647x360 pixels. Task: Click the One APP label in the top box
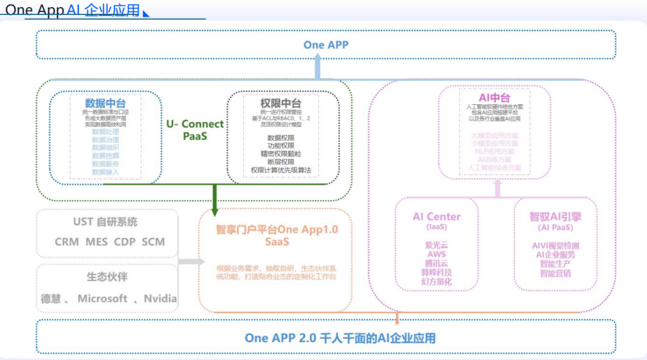click(326, 44)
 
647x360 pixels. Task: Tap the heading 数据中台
click(105, 102)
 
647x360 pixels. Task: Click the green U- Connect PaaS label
click(195, 130)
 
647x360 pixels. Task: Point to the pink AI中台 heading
click(494, 98)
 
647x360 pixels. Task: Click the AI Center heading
click(437, 217)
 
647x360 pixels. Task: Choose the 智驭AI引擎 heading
click(555, 217)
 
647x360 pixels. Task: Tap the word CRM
click(66, 242)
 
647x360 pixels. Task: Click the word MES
click(96, 242)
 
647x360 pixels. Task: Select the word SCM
click(153, 242)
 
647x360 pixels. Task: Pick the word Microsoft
click(102, 298)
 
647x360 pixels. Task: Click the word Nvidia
click(160, 298)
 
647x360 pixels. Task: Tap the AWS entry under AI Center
click(437, 255)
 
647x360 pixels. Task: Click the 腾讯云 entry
click(437, 264)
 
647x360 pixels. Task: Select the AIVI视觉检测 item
click(555, 246)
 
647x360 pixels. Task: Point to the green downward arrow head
click(214, 210)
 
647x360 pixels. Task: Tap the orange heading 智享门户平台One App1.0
click(277, 230)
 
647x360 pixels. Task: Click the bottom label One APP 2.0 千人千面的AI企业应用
click(340, 338)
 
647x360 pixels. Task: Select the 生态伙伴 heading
click(107, 277)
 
